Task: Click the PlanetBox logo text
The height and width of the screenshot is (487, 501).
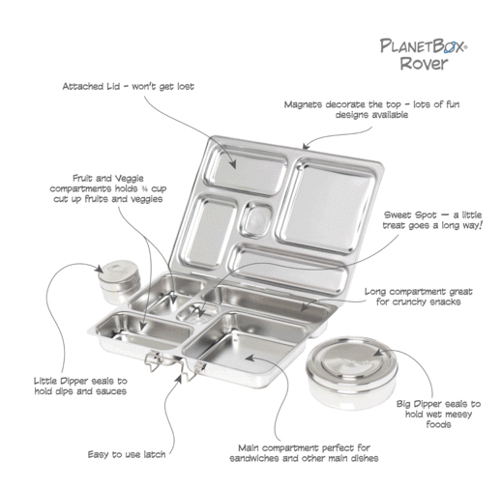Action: (424, 46)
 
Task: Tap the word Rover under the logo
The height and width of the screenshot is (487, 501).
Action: (424, 63)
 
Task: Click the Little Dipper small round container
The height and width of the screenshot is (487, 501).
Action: (119, 282)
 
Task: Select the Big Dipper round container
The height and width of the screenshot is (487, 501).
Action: (352, 372)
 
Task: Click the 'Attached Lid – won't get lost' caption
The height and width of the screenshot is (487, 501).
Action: (129, 86)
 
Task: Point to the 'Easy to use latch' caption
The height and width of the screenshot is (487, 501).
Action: (127, 454)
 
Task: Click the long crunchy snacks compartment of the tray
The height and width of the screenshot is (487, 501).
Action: (266, 302)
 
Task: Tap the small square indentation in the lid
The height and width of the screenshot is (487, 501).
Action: (257, 220)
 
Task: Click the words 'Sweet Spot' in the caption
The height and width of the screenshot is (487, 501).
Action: (410, 215)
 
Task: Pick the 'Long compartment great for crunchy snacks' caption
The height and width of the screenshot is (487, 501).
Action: (418, 297)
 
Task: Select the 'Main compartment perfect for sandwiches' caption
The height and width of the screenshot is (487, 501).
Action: (304, 453)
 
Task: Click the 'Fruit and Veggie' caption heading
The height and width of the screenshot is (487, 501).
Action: (108, 178)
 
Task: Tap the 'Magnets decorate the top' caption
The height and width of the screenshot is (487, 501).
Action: (371, 109)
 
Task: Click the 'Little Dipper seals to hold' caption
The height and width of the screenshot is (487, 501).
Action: (80, 386)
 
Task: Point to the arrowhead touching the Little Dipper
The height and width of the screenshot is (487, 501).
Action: (100, 268)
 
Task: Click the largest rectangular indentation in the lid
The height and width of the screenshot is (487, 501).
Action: (326, 206)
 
